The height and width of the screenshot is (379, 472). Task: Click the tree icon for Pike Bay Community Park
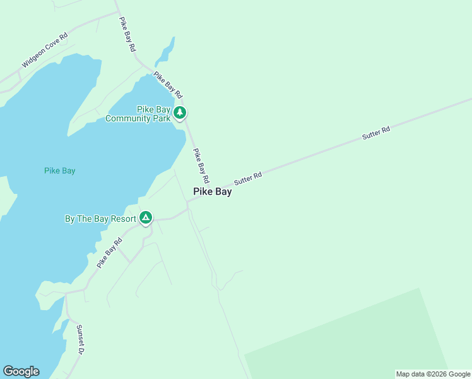pyautogui.click(x=180, y=113)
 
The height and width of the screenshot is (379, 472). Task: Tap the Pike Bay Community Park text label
pyautogui.click(x=138, y=114)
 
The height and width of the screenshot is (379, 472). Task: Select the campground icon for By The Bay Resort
pyautogui.click(x=145, y=219)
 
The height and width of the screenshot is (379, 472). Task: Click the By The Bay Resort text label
pyautogui.click(x=101, y=219)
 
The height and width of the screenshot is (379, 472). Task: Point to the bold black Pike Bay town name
pyautogui.click(x=212, y=192)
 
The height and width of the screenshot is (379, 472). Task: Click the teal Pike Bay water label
pyautogui.click(x=60, y=171)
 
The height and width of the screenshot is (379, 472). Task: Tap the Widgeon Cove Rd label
pyautogui.click(x=45, y=50)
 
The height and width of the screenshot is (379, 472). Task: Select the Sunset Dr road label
pyautogui.click(x=80, y=340)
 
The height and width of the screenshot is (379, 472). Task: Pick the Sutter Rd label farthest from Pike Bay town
pyautogui.click(x=376, y=133)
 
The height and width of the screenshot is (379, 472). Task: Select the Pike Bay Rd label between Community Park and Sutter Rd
pyautogui.click(x=201, y=165)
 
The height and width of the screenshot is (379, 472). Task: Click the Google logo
pyautogui.click(x=21, y=371)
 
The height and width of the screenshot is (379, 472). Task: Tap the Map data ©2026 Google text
pyautogui.click(x=433, y=374)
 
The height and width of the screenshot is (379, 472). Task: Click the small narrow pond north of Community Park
pyautogui.click(x=165, y=52)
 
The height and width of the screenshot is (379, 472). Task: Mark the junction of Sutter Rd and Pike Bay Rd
pyautogui.click(x=187, y=202)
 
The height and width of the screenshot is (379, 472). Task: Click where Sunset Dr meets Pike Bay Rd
pyautogui.click(x=66, y=293)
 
